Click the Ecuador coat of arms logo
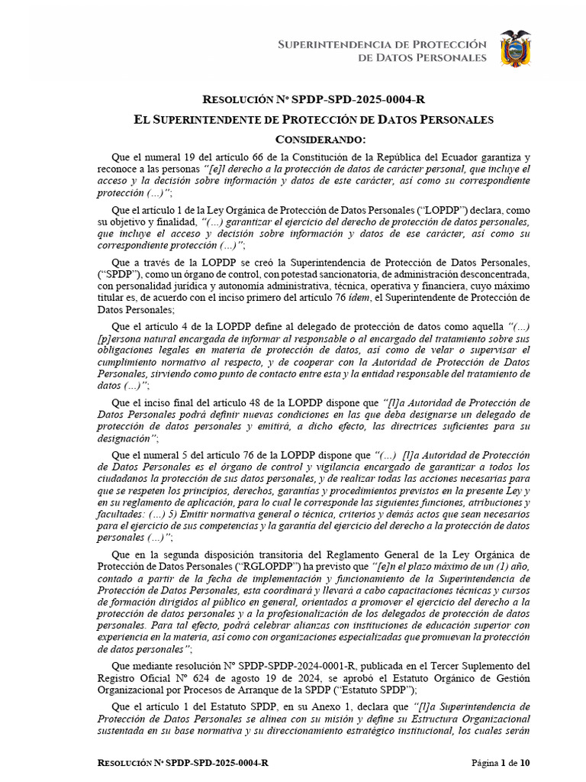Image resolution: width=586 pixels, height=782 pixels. click(x=515, y=49)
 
